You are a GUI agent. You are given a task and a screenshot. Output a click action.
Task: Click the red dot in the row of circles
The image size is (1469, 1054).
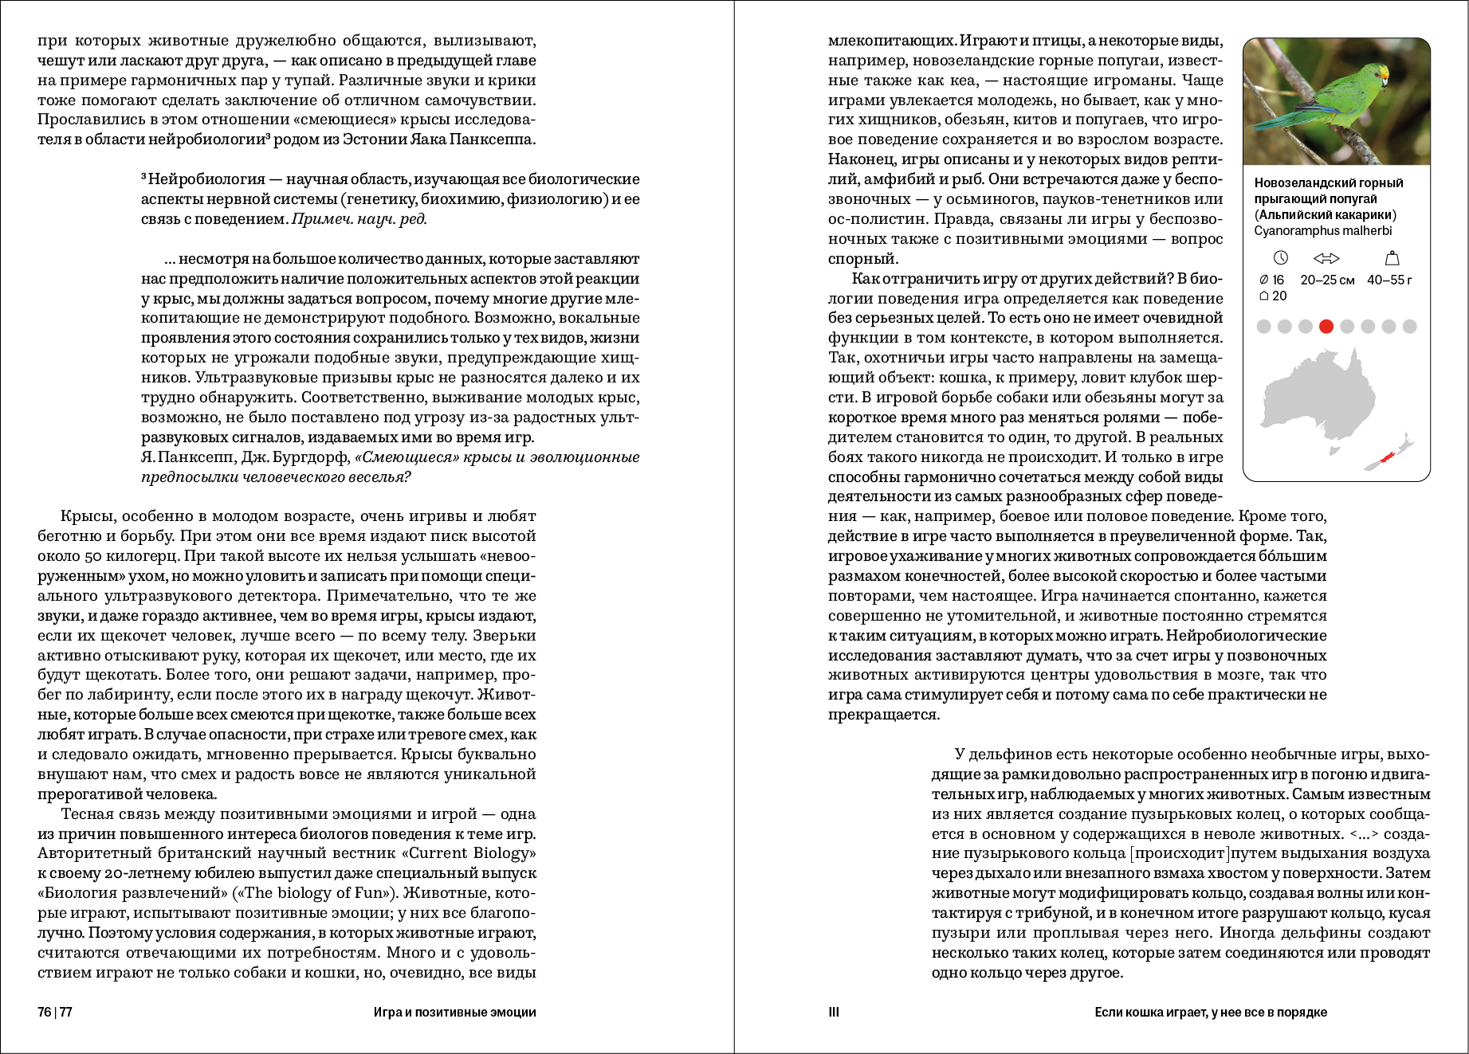point(1326,326)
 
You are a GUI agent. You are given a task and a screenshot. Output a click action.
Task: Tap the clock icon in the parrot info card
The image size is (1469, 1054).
point(1281,258)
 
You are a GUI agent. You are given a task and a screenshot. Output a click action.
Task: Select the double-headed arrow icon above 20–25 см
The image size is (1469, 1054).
point(1326,258)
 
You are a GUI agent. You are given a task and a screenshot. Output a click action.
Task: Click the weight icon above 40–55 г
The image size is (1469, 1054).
point(1392,258)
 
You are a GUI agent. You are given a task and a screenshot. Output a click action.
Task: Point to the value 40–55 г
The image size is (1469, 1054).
point(1389,280)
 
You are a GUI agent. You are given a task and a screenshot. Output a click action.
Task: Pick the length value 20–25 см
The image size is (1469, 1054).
point(1327,280)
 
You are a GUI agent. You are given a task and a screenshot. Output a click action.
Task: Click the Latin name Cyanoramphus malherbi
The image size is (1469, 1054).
point(1323,230)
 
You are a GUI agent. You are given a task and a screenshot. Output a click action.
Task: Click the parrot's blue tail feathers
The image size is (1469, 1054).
point(1276,120)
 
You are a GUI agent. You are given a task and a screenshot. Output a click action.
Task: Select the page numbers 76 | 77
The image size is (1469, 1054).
point(55,1013)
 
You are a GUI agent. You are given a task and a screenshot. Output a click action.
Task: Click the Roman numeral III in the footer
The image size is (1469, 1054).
point(834,1013)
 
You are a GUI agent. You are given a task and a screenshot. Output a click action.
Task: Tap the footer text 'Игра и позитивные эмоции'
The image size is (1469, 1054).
point(454,1013)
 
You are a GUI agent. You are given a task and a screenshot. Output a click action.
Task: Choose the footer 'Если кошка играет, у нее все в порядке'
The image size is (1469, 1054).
point(1210,1013)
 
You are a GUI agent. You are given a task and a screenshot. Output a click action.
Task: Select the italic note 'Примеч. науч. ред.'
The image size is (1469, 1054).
point(359,219)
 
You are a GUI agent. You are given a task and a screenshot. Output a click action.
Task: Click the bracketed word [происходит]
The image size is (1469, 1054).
point(1180,853)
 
